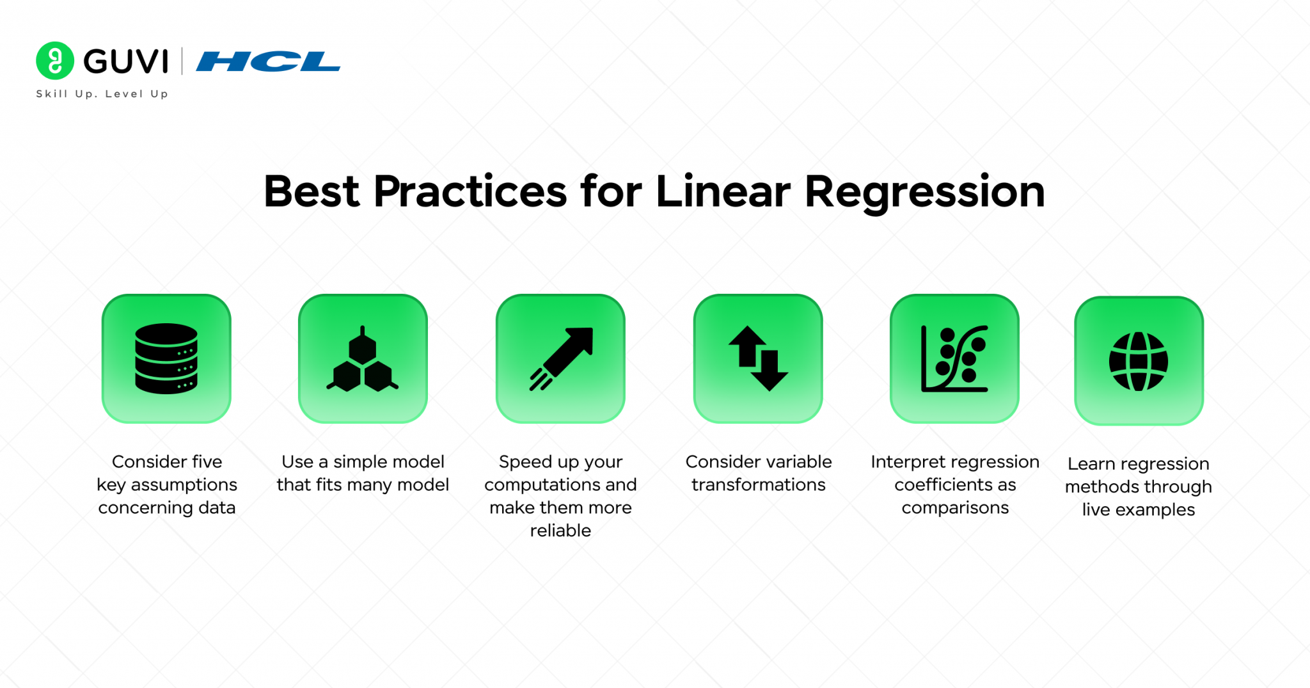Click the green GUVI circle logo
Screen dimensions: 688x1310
55,61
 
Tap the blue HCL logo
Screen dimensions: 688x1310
268,61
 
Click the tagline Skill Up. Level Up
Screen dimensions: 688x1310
102,94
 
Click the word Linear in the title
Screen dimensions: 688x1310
723,191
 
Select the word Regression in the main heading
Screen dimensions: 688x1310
925,193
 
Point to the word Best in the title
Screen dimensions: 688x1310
312,191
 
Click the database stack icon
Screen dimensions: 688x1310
166,358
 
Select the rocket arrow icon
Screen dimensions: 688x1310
561,358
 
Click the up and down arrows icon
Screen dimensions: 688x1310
758,358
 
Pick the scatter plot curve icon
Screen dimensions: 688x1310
954,358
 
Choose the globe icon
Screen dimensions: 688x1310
1139,361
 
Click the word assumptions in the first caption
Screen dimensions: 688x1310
184,485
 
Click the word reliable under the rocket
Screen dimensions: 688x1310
560,531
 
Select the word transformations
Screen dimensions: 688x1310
759,485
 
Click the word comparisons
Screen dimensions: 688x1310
955,508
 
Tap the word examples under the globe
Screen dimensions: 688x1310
1155,510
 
